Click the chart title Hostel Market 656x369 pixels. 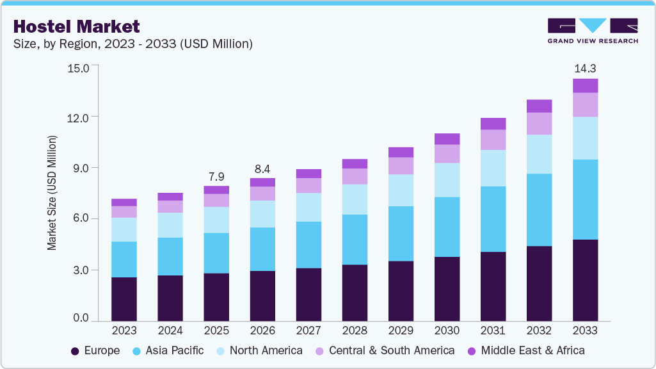point(76,26)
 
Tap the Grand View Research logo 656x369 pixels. point(592,31)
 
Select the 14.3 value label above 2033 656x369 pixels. point(585,68)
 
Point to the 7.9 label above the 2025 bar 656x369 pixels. point(216,176)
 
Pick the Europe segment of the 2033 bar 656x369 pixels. point(585,280)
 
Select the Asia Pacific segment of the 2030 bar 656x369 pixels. point(447,227)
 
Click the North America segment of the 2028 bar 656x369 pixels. point(355,199)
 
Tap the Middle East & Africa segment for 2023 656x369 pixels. point(124,202)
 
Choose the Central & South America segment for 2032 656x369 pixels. point(539,124)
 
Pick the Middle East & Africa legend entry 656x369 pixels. point(525,350)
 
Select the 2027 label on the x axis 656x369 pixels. point(308,331)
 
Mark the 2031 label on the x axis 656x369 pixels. point(493,331)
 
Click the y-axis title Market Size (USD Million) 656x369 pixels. point(52,192)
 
